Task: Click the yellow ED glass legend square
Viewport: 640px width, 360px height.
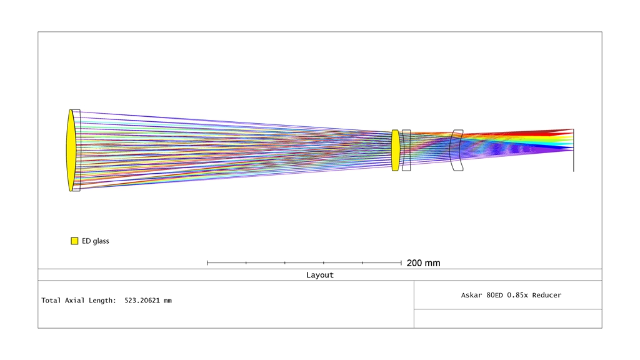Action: point(74,241)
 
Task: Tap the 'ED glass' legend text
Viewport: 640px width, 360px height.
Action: point(96,241)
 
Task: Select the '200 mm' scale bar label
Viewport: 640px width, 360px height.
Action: point(423,263)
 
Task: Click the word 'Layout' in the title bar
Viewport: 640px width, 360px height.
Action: point(320,275)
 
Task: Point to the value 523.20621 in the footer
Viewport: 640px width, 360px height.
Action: point(142,301)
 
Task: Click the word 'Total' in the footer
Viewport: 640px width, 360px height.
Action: point(51,301)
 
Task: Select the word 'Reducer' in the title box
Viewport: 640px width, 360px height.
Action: point(546,295)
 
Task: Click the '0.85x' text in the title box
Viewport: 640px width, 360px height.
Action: point(517,295)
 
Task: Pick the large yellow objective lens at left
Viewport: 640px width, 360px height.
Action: point(71,150)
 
